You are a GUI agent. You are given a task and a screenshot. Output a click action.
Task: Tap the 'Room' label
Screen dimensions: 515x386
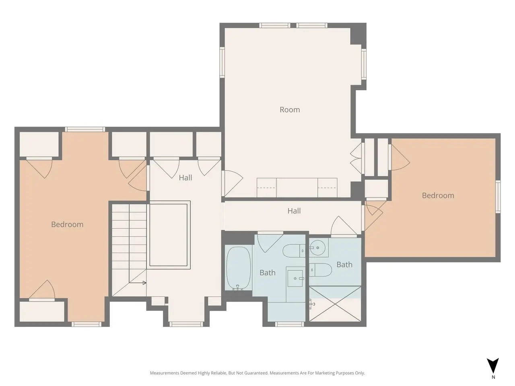pyautogui.click(x=290, y=110)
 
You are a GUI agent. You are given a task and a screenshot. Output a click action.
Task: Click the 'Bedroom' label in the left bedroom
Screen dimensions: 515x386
pyautogui.click(x=67, y=224)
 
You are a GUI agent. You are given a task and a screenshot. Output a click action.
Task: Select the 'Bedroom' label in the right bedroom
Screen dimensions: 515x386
pyautogui.click(x=438, y=195)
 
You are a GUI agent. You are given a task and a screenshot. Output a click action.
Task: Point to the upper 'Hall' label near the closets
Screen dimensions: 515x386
pyautogui.click(x=185, y=178)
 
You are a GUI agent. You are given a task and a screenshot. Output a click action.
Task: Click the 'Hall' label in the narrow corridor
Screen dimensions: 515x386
pyautogui.click(x=294, y=211)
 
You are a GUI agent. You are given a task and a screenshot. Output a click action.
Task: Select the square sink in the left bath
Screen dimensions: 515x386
pyautogui.click(x=296, y=278)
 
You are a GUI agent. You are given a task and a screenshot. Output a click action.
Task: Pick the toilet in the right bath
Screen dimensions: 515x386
pyautogui.click(x=320, y=270)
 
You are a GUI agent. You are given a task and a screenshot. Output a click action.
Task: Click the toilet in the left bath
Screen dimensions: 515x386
pyautogui.click(x=294, y=251)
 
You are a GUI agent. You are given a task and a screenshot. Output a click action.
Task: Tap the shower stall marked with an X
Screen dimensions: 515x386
pyautogui.click(x=335, y=304)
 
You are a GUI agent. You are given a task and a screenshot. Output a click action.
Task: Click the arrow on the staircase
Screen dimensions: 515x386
pyautogui.click(x=138, y=283)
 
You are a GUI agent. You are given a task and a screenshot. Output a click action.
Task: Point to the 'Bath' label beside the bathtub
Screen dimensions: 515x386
pyautogui.click(x=268, y=273)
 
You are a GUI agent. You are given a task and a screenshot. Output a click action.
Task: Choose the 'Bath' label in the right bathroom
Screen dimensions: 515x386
pyautogui.click(x=344, y=265)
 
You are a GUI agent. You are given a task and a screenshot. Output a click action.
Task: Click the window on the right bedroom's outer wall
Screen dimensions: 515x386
pyautogui.click(x=498, y=197)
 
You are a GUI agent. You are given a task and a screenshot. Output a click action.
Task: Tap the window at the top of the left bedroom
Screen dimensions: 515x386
pyautogui.click(x=85, y=129)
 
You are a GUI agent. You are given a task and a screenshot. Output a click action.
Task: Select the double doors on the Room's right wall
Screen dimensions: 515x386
pyautogui.click(x=356, y=158)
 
